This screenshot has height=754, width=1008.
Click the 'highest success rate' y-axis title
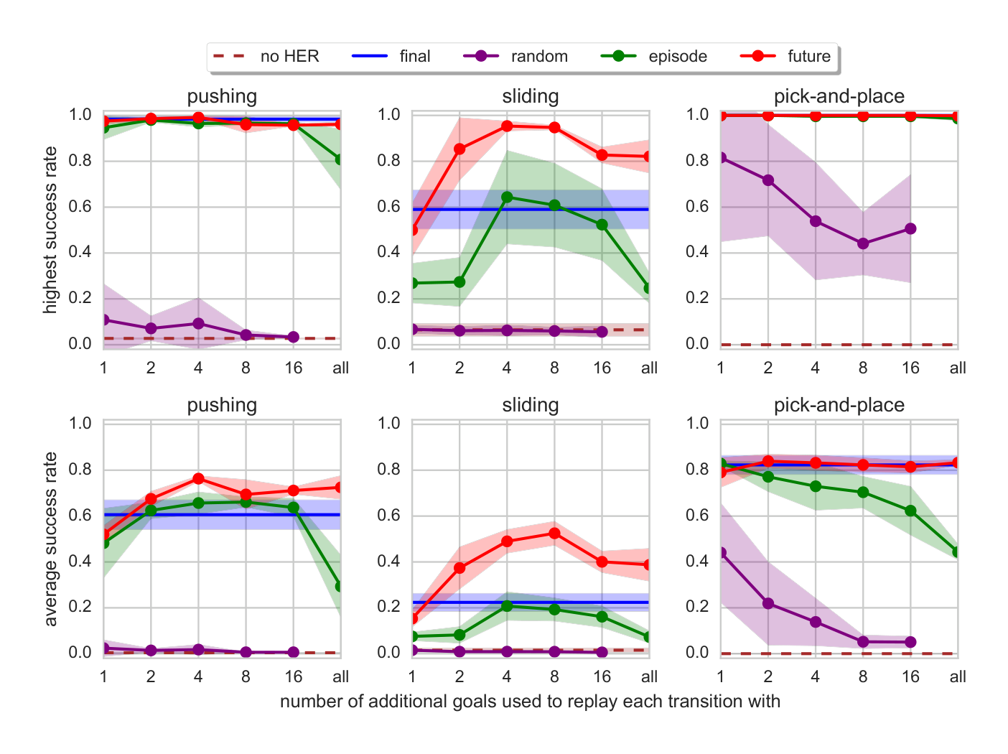(50, 230)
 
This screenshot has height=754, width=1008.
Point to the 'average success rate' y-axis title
(50, 539)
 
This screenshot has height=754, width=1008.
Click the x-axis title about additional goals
(530, 702)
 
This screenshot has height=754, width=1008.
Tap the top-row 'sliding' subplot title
(531, 96)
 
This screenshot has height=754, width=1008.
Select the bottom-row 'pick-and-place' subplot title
(839, 405)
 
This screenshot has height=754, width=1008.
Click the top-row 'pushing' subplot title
(222, 96)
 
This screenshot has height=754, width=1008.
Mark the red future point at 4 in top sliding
(507, 126)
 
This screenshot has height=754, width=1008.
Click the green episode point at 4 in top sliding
(507, 197)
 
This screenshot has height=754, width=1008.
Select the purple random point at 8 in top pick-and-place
(863, 243)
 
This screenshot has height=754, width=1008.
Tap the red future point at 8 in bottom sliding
(554, 533)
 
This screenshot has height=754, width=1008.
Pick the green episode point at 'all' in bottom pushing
(340, 586)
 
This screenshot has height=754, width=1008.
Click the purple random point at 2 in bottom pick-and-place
(768, 603)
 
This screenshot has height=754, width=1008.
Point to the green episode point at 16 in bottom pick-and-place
(910, 511)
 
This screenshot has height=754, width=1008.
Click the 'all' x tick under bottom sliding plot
(649, 676)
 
